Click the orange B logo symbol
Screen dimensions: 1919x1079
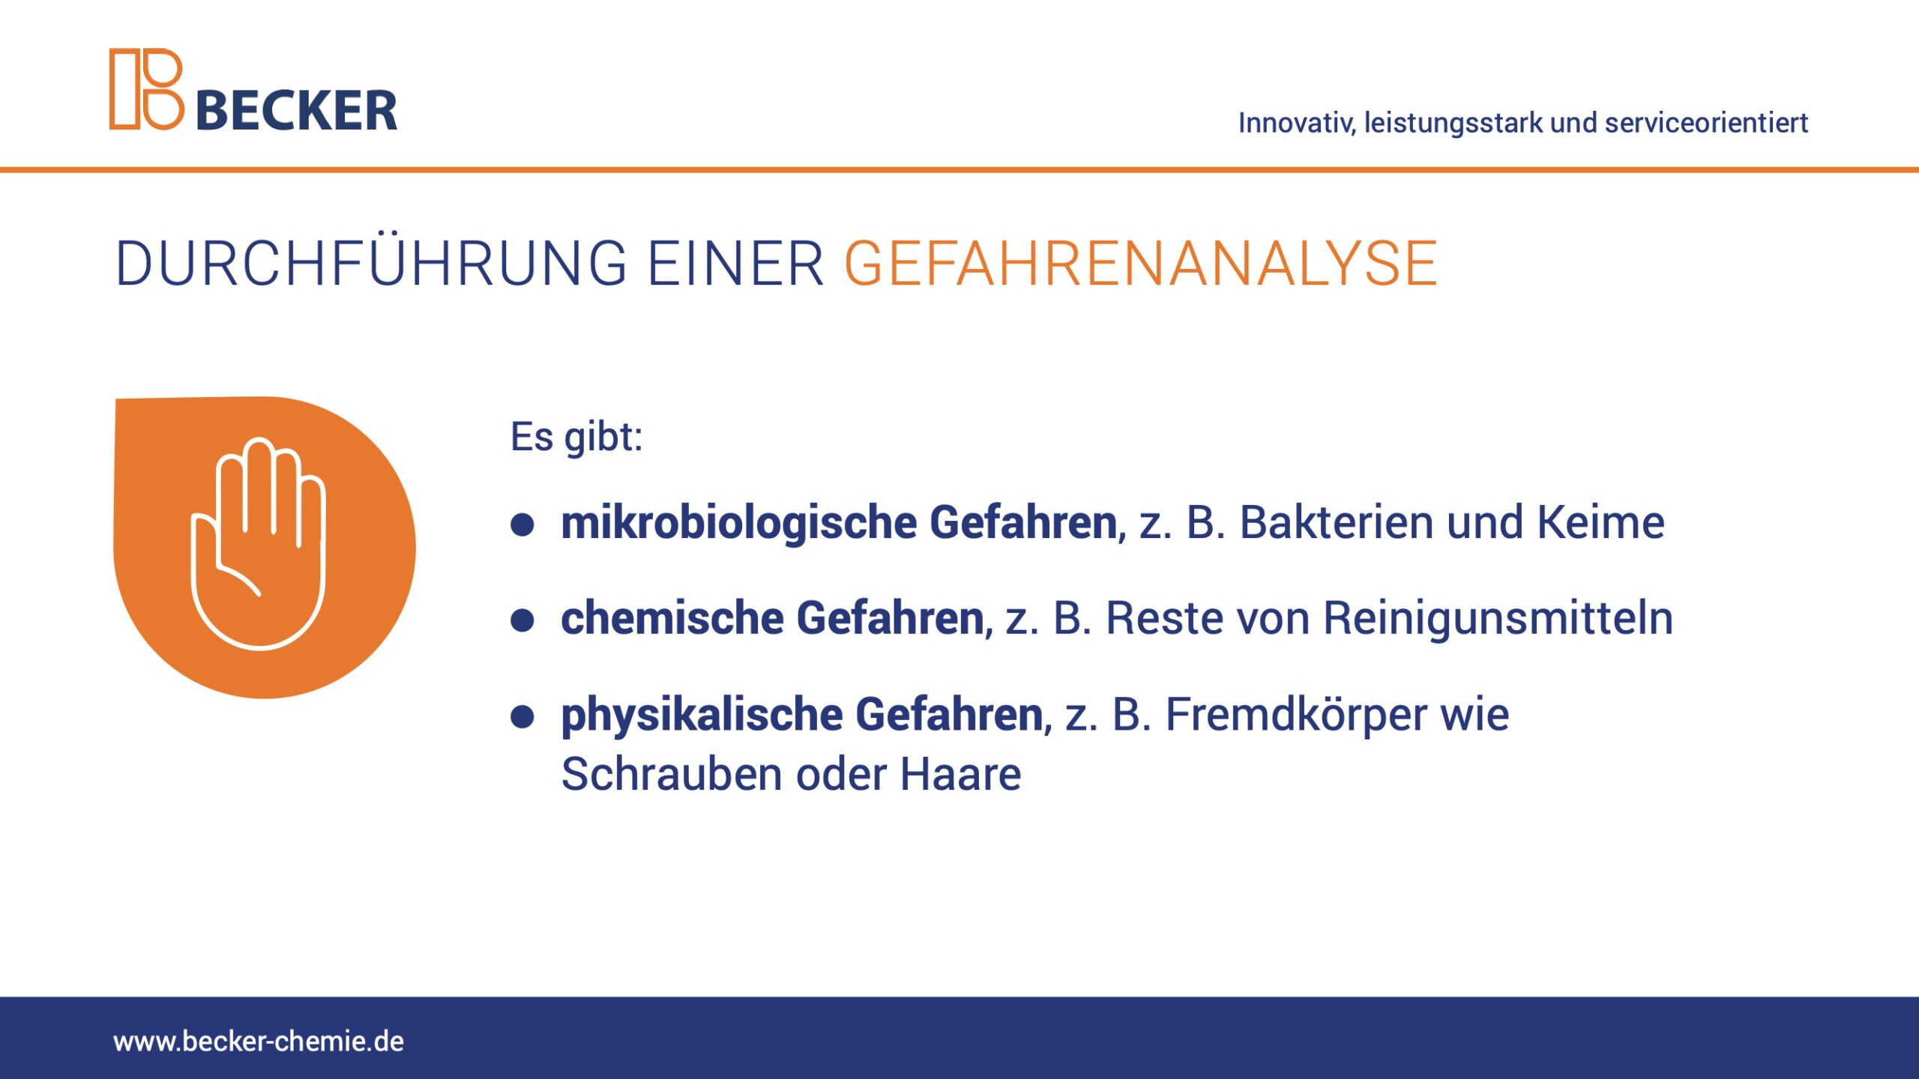point(147,89)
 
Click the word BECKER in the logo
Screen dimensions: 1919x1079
point(296,111)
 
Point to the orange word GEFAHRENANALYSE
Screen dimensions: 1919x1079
point(1141,264)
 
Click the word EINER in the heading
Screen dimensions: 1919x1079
point(735,264)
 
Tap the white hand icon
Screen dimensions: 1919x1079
point(258,543)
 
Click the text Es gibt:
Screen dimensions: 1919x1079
point(576,437)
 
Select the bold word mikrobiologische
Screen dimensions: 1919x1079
point(739,523)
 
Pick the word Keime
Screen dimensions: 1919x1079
point(1600,522)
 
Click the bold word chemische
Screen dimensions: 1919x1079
point(672,617)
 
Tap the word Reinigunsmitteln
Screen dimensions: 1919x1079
point(1498,619)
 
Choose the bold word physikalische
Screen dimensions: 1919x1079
point(702,715)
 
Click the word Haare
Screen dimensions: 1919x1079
point(960,774)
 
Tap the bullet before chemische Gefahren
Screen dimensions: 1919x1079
point(522,620)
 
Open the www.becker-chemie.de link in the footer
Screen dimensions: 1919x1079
point(259,1042)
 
